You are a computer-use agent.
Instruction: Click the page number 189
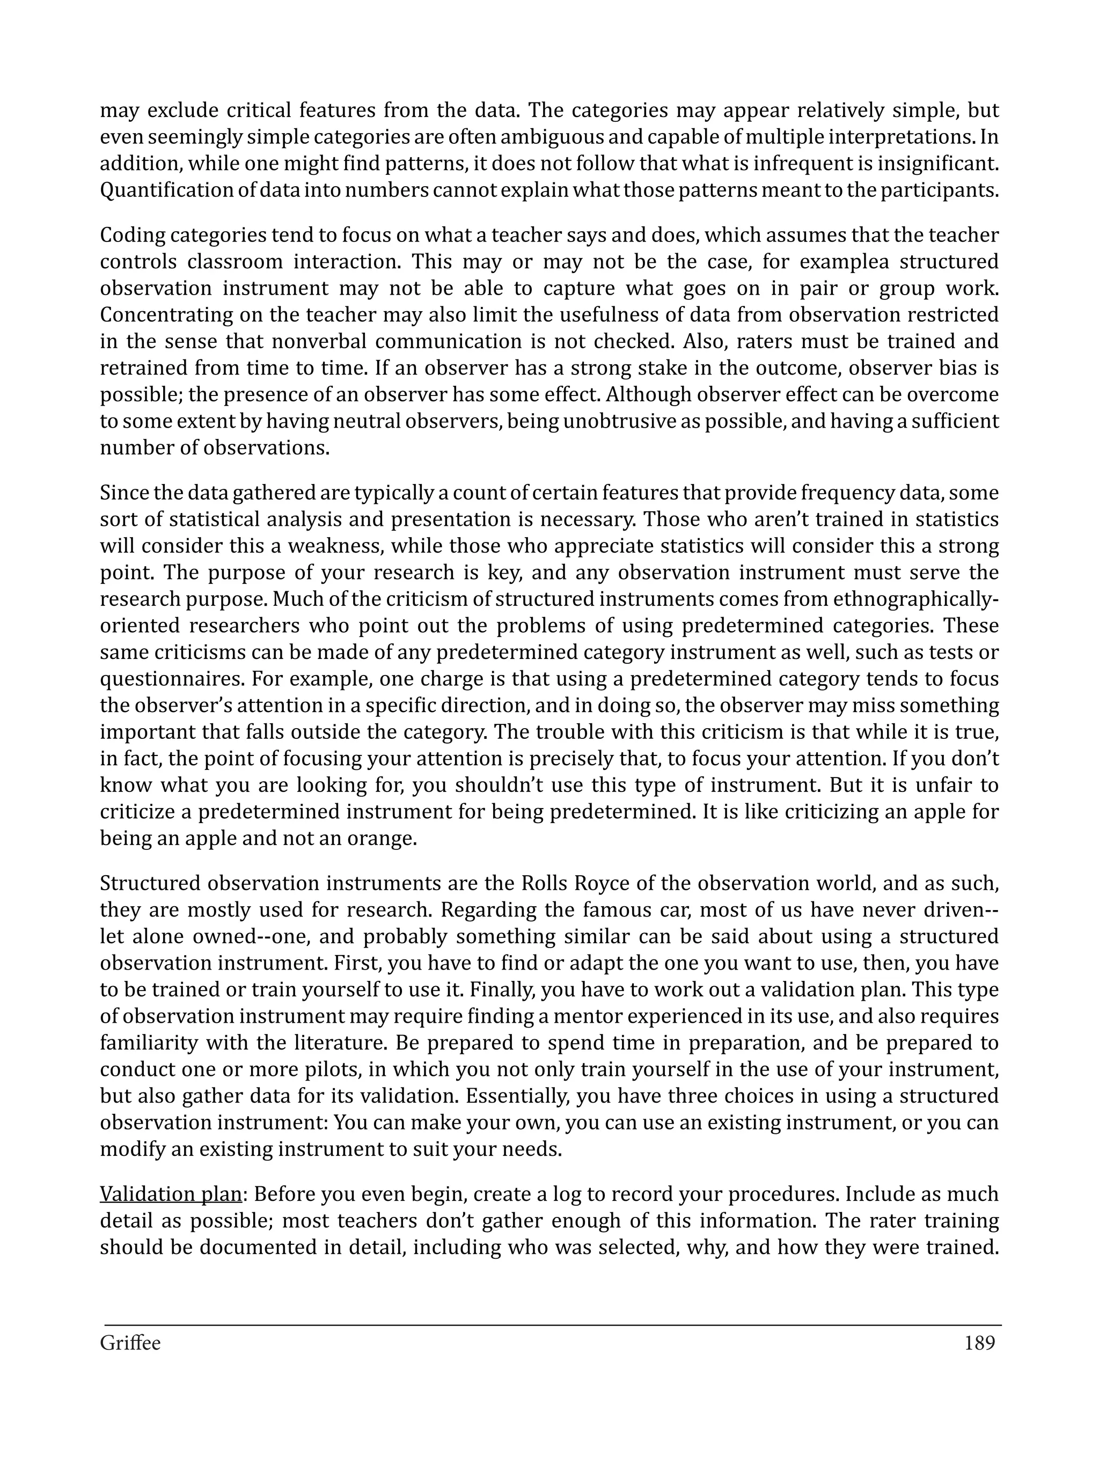[x=979, y=1343]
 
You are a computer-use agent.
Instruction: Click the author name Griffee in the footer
[x=130, y=1343]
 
